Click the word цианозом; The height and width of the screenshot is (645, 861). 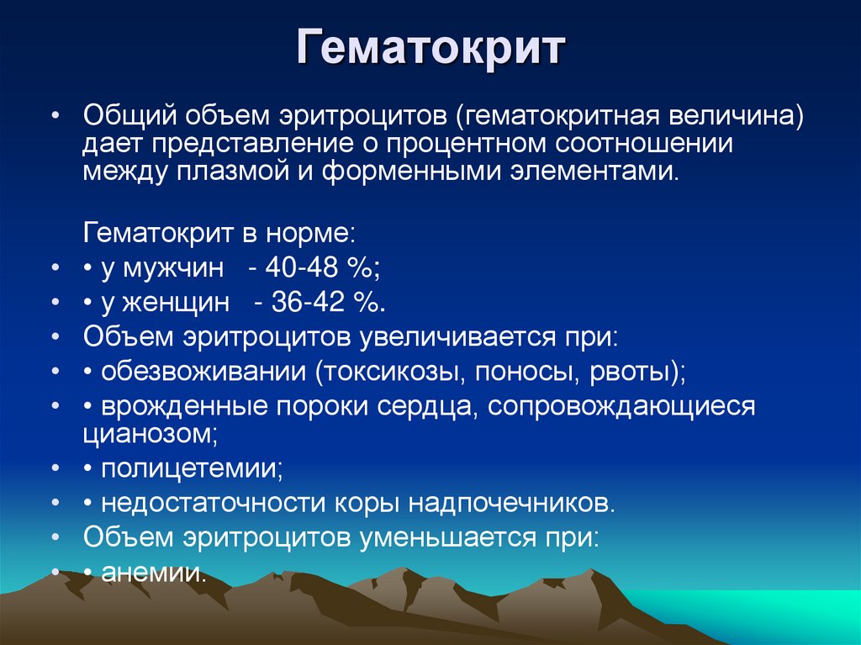pos(151,434)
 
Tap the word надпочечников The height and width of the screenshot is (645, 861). pos(513,503)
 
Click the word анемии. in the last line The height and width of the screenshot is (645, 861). pos(153,573)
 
